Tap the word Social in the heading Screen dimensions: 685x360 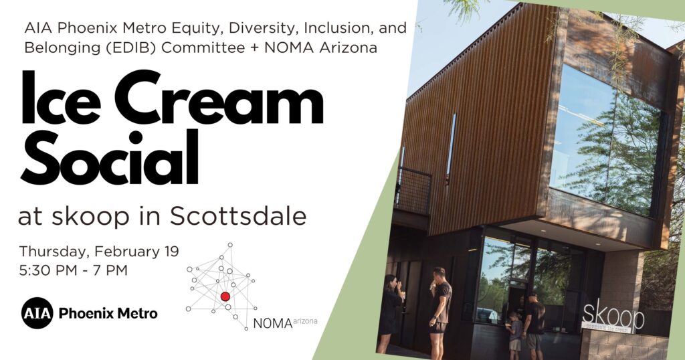coord(109,158)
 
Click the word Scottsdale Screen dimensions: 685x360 coord(237,216)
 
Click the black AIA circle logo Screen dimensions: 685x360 coord(37,312)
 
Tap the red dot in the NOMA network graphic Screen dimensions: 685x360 coord(225,296)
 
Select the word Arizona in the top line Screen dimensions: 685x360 coord(348,48)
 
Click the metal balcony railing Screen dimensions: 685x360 coord(413,191)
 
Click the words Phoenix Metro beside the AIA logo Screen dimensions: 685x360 coord(108,313)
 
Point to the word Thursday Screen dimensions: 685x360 coord(52,252)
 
